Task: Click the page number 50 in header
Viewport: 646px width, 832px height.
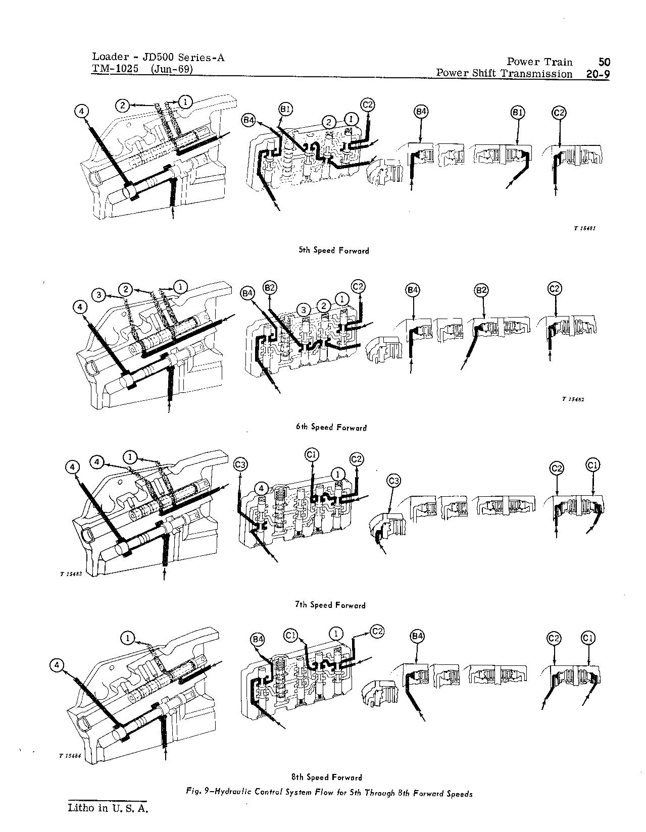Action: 604,62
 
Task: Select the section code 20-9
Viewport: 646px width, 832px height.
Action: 598,74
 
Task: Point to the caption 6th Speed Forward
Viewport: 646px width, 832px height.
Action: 331,427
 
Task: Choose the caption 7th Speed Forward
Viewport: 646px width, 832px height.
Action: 330,604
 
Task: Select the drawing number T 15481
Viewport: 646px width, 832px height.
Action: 585,228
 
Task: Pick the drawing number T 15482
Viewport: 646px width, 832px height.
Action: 573,399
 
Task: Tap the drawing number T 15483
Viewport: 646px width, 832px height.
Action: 70,574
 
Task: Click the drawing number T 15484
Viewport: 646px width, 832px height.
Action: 70,756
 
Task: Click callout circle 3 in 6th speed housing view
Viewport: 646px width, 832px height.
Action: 100,294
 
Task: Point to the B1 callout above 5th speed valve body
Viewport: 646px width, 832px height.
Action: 285,109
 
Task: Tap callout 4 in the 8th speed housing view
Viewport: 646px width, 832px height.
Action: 58,666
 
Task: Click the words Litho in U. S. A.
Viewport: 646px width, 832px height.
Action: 109,808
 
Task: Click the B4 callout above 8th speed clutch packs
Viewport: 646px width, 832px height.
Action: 416,637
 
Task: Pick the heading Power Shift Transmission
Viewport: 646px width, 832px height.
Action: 504,74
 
